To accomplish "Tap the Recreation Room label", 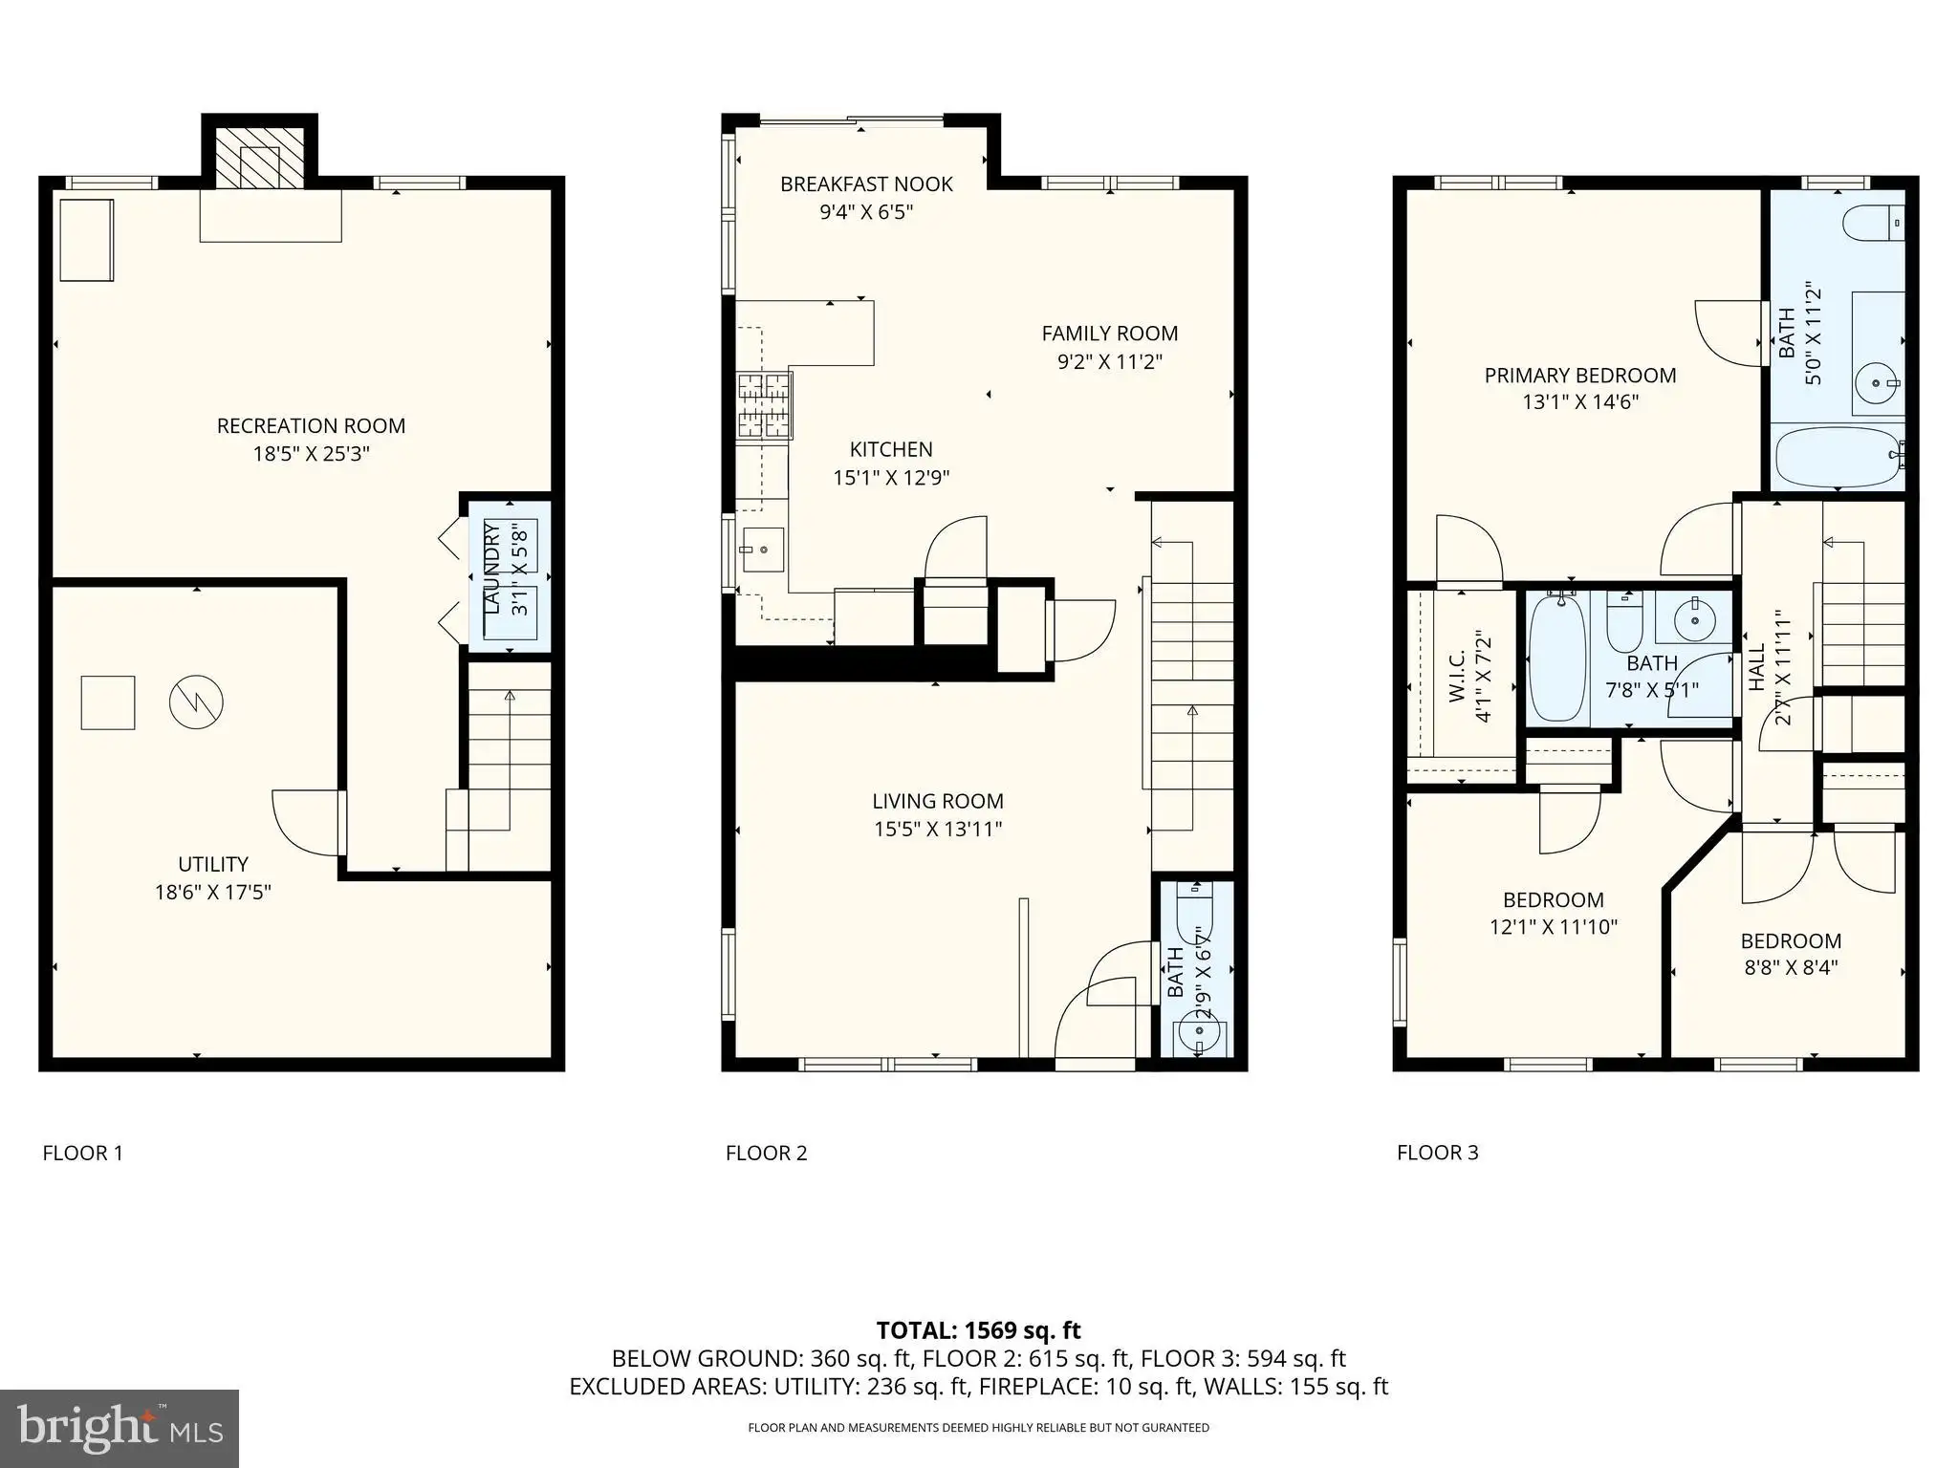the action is point(311,426).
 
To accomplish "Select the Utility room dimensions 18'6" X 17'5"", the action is point(213,893).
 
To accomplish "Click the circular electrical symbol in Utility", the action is point(196,702).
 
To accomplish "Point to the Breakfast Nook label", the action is point(866,184).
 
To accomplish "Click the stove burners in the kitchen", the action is point(764,406).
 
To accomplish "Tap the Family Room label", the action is point(1110,334).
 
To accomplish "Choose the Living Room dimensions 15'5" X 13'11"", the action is point(938,829).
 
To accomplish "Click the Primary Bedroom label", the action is point(1580,376).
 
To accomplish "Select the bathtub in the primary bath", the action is point(1840,458).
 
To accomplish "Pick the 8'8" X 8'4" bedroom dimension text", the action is point(1792,967).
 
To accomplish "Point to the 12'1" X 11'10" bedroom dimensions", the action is point(1554,926).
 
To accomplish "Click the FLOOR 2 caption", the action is point(767,1154).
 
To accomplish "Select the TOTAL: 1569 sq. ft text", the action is point(979,1330).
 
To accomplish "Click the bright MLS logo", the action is point(120,1429).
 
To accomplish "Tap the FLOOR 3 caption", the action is point(1438,1153).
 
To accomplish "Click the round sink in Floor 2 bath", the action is point(1194,1032).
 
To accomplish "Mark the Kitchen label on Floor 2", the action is point(891,450).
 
